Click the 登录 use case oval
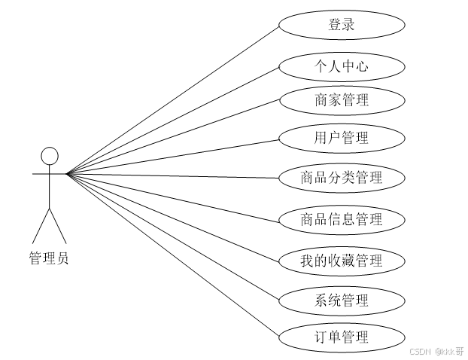coord(342,25)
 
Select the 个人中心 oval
coord(342,66)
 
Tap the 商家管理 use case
coord(342,99)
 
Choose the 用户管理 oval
coord(342,138)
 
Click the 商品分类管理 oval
coord(342,178)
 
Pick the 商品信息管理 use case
coord(342,220)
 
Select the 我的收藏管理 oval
coord(342,261)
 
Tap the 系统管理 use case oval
coord(342,301)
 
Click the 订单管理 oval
coord(342,337)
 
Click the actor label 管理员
coord(49,259)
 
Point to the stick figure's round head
coord(49,156)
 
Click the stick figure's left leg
coord(40,224)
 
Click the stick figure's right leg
coord(58,224)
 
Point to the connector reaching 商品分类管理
coord(173,176)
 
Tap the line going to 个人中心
coord(173,121)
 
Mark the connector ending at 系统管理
coord(173,236)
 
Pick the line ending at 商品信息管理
coord(173,197)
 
